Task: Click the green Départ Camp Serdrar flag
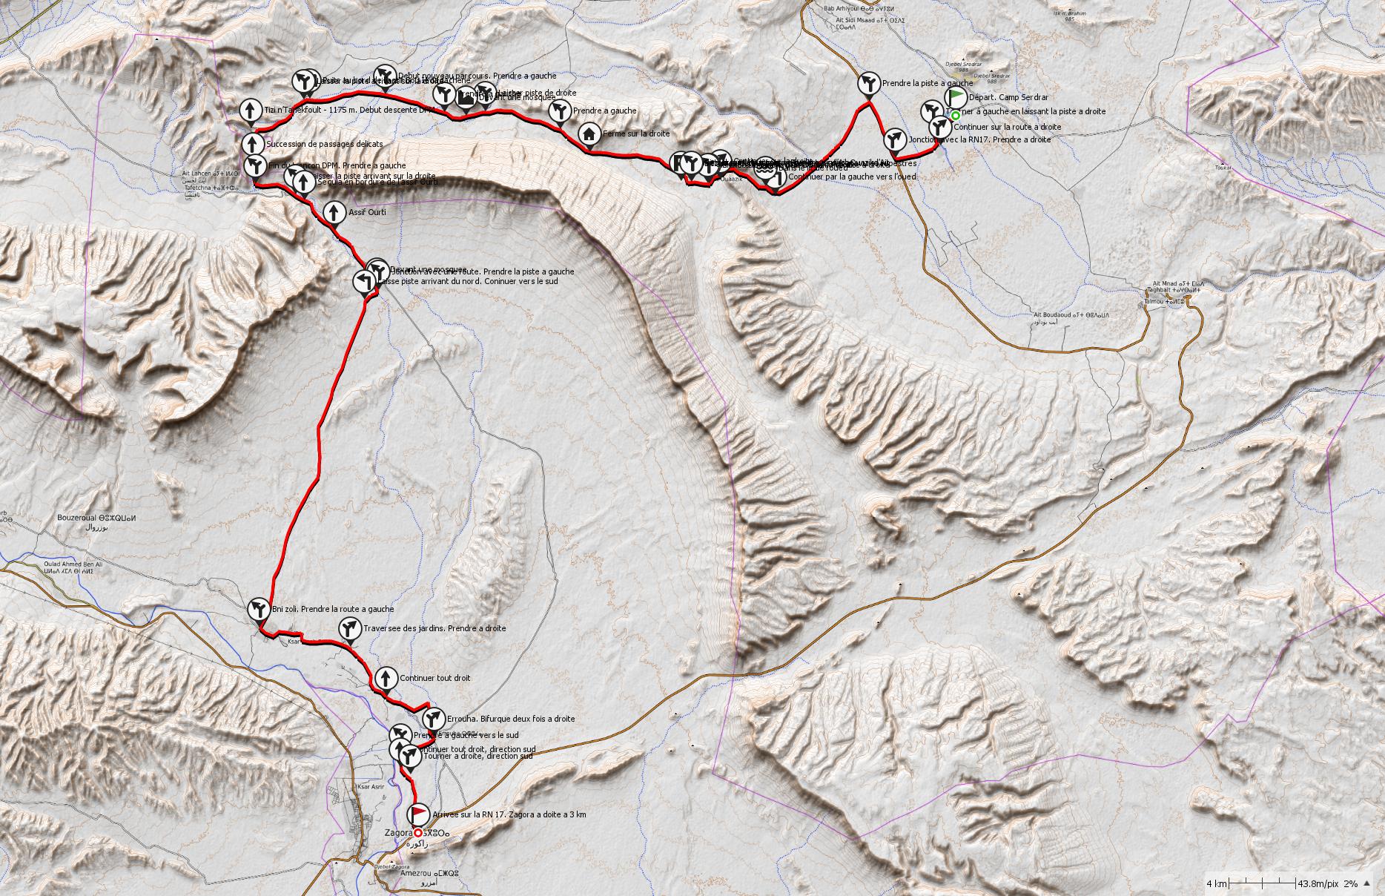(x=957, y=96)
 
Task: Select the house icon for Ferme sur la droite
(x=589, y=134)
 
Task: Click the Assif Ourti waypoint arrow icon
(x=334, y=211)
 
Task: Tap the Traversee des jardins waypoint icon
(x=348, y=628)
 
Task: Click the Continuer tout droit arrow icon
(x=386, y=677)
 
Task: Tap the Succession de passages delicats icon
(x=253, y=143)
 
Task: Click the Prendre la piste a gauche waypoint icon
(x=869, y=82)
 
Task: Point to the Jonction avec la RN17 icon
(x=895, y=139)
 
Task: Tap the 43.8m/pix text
(x=1318, y=883)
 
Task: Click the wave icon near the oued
(x=765, y=168)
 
